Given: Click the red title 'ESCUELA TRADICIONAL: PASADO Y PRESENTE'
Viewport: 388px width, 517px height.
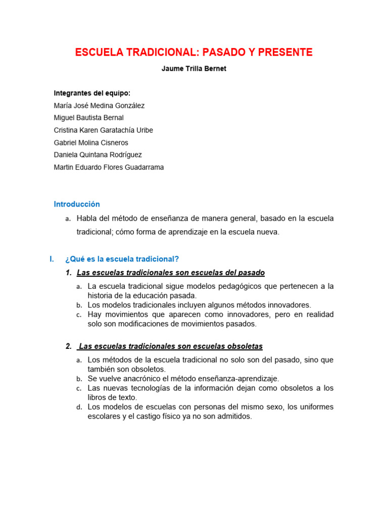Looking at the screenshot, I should pos(194,53).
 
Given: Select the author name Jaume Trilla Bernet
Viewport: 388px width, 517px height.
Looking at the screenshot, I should pos(194,69).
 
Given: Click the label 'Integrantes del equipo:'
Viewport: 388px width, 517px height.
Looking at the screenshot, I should pos(92,93).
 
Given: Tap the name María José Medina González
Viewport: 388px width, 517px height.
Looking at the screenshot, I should pos(99,106).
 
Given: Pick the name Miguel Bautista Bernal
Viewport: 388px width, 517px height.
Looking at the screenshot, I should pos(88,118).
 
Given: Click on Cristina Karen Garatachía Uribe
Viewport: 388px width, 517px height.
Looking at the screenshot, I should pos(103,130).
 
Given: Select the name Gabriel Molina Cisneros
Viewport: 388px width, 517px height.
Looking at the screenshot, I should pos(91,143).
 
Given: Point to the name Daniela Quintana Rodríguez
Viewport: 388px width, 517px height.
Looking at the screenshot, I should pos(97,155).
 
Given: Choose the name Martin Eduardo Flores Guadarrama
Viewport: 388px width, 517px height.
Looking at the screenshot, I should pos(109,167).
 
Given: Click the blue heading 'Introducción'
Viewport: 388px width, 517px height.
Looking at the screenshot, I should pos(77,204).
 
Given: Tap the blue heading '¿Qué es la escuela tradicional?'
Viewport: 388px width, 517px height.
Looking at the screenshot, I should pos(122,259).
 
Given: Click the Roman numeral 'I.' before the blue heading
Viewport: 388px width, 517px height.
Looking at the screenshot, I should pos(52,259).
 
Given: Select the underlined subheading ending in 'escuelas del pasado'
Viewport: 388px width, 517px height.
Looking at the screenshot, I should pos(171,273).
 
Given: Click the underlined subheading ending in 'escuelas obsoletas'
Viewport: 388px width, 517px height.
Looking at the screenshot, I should pos(171,346).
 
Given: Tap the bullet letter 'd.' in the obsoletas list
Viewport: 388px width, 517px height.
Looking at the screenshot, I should pos(79,407).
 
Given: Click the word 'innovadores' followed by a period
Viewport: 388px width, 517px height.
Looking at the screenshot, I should pos(291,305).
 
